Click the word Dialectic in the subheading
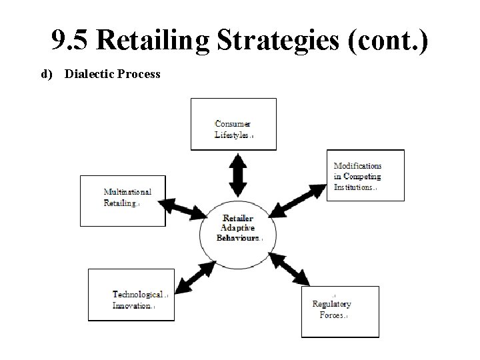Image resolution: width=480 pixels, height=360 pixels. pos(89,74)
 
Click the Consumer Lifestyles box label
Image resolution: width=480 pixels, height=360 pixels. pos(233,129)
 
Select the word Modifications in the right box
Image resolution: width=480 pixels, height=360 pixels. pos(358,166)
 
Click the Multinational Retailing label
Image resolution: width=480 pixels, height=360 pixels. pos(127,198)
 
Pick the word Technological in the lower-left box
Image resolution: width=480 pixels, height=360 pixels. pos(137,294)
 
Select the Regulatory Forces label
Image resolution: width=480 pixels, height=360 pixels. pos(331,309)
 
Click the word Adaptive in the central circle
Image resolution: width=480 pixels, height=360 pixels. pos(237,228)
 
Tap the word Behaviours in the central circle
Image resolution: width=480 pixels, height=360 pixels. pos(238,238)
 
